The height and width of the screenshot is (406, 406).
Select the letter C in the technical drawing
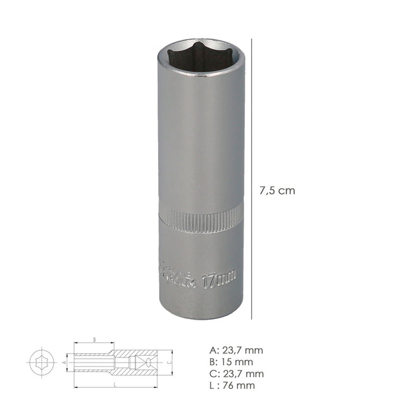[170, 363]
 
